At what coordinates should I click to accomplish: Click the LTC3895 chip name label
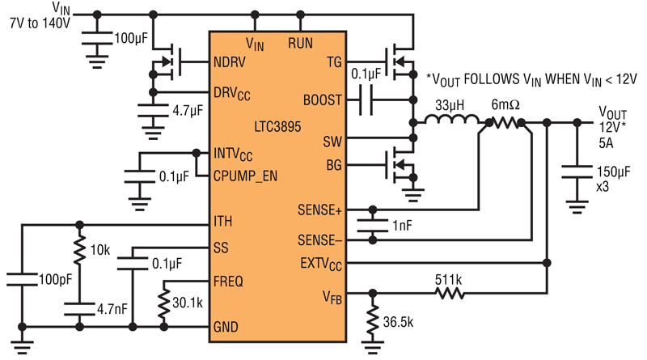[x=277, y=126]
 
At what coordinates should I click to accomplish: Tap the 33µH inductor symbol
[x=452, y=120]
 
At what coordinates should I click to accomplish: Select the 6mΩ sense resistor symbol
[x=505, y=123]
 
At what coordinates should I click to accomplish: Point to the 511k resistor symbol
[x=450, y=294]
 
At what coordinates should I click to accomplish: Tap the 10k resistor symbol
[x=79, y=250]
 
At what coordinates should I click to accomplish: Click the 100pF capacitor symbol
[x=22, y=279]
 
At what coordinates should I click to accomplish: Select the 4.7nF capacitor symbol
[x=79, y=309]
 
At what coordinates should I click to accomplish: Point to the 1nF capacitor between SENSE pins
[x=372, y=225]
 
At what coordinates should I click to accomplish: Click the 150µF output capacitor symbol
[x=577, y=172]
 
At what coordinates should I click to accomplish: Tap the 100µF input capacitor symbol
[x=97, y=38]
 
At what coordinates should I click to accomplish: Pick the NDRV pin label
[x=230, y=62]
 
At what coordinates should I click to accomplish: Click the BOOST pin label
[x=322, y=100]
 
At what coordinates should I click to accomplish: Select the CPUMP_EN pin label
[x=245, y=176]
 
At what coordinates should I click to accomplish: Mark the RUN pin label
[x=300, y=43]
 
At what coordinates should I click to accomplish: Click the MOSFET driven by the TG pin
[x=400, y=62]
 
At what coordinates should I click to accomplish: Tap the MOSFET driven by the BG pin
[x=400, y=165]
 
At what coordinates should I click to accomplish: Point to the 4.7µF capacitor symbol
[x=153, y=111]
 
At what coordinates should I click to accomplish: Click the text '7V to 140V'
[x=40, y=23]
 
